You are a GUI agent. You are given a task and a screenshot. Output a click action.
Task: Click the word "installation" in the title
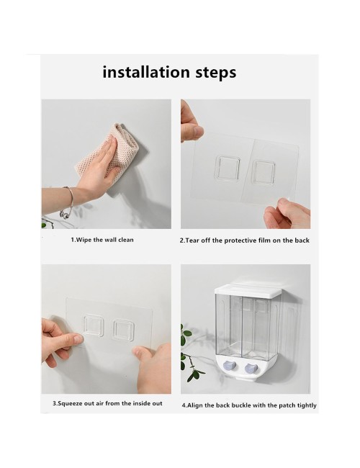[146, 72]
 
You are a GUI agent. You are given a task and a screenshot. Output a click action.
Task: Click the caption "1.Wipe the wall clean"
[102, 240]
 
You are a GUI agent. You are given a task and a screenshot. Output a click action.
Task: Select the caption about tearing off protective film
[245, 240]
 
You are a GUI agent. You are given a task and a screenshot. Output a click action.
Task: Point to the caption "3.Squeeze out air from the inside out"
[107, 403]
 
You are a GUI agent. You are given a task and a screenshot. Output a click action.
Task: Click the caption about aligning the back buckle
[249, 405]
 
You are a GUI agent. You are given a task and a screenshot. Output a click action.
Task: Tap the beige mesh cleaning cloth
[107, 150]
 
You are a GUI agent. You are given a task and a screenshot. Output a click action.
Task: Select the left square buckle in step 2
[228, 168]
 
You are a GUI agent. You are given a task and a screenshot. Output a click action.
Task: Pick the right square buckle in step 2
[264, 172]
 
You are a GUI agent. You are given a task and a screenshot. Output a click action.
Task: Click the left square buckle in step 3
[94, 325]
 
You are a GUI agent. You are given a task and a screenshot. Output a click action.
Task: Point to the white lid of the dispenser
[248, 288]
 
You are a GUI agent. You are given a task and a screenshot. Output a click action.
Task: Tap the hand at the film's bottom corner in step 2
[287, 213]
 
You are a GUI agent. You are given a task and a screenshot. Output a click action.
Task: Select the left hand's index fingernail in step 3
[78, 339]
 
